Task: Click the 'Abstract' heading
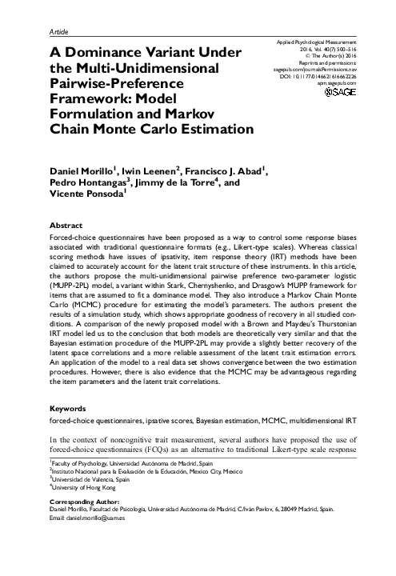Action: click(65, 226)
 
